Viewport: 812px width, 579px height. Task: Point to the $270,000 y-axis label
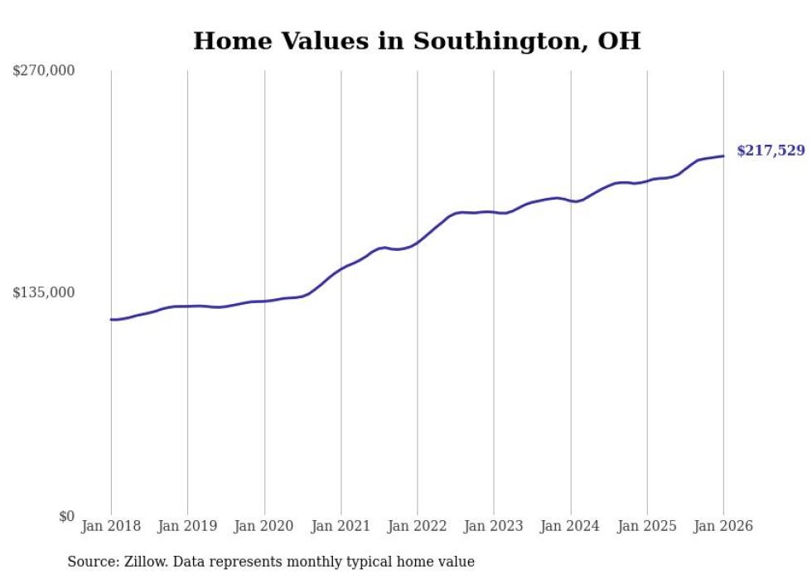(x=44, y=71)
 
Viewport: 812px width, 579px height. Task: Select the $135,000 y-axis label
(x=44, y=293)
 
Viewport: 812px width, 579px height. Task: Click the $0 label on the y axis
(x=66, y=516)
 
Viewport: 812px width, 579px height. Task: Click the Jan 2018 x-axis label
(x=111, y=527)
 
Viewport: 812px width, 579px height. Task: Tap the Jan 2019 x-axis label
(x=187, y=527)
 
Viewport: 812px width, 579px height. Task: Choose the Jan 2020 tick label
(x=264, y=527)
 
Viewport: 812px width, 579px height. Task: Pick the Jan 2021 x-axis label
(x=341, y=527)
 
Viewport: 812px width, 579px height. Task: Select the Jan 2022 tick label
(x=418, y=527)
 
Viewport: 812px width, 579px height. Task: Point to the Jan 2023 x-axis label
(x=494, y=527)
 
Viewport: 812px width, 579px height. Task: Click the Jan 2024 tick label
(x=570, y=527)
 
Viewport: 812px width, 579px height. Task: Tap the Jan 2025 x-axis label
(x=647, y=527)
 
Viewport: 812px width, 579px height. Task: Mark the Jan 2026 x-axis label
(x=723, y=527)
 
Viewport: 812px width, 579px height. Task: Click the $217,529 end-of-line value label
(x=771, y=151)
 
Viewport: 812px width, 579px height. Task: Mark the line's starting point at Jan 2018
(x=111, y=319)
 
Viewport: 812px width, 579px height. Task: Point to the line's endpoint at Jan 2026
(x=723, y=156)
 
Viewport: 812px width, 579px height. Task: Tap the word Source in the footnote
(x=89, y=562)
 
